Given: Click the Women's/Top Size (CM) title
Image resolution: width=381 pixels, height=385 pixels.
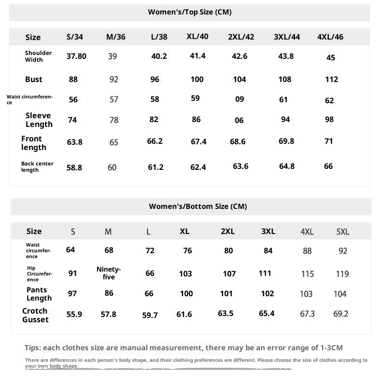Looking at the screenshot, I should pos(190,12).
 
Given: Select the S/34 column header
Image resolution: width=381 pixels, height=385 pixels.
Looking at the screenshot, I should pos(75,37).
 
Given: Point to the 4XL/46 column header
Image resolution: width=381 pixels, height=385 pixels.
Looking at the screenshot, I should pos(330,37).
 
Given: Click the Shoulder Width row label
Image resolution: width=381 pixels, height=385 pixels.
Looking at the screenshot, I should pos(38,56).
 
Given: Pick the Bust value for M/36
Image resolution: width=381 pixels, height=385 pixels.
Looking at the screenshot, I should pos(114,79).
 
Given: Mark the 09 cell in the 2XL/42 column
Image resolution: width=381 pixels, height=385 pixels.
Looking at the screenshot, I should pos(240,100).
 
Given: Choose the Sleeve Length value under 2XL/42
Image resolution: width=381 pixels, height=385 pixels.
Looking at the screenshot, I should pos(239,120).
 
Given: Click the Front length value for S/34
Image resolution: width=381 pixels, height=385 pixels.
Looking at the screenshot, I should pos(74,142).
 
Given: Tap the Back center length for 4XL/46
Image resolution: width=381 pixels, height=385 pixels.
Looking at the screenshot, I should pos(328,166).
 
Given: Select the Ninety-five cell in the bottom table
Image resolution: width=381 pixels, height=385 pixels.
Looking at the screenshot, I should pos(109,273).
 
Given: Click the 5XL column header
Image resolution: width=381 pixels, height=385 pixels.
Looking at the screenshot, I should pos(342,232).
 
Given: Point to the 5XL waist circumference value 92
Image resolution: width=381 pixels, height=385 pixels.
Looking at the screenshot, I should pos(343,251).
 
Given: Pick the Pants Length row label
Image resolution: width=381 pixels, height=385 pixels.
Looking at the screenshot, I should pos(39,294).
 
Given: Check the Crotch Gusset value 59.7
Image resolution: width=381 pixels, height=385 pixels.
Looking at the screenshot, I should pos(150,315).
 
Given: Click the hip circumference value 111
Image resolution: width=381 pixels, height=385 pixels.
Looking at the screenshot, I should pos(265,273).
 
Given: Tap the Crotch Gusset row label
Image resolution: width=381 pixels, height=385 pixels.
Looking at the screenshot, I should pos(35,315).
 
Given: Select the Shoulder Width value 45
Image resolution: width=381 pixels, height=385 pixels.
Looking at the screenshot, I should pos(330,57).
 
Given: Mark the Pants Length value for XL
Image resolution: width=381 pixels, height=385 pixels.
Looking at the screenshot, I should pos(186,293).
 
